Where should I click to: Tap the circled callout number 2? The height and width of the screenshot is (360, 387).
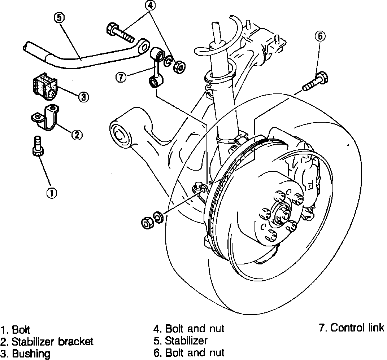point(77,135)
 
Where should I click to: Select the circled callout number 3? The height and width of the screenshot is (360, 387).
point(83,96)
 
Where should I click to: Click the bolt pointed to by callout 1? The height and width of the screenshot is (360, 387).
point(37,146)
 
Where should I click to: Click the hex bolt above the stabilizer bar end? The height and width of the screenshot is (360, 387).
point(119,32)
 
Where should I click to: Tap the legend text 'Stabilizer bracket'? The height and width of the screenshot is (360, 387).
point(52,341)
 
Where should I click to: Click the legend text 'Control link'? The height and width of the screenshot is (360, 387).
point(357,328)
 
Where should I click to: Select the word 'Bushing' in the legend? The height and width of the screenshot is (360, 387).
point(31,354)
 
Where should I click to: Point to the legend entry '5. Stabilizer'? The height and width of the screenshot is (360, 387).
point(181,340)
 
